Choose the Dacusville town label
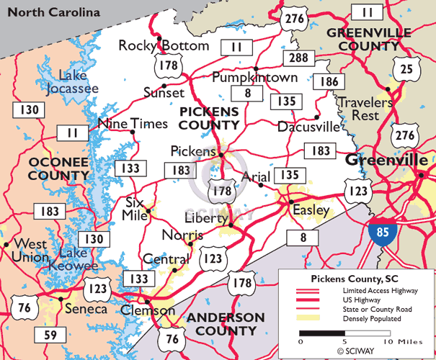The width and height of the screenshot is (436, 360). (x=308, y=127)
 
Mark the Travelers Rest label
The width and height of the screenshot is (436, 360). (x=366, y=109)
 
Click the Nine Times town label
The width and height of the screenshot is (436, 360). (x=132, y=123)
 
